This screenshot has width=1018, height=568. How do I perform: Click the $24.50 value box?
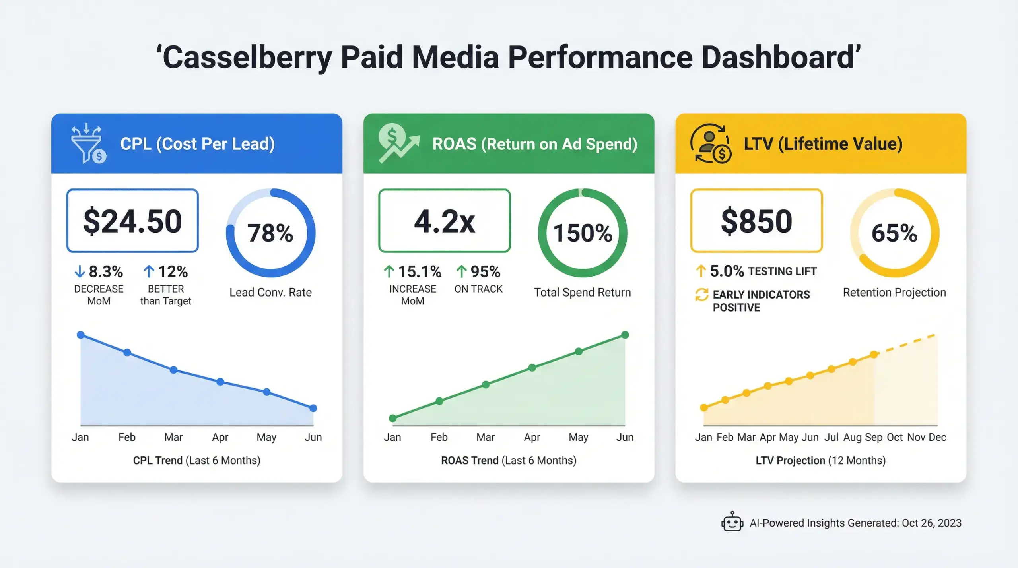[x=132, y=221]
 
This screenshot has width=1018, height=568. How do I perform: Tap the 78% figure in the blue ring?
[x=270, y=233]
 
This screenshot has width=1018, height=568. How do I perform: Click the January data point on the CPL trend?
[x=81, y=335]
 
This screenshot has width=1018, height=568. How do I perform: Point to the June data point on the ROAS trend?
[x=625, y=335]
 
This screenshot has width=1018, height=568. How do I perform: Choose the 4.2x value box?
[x=444, y=221]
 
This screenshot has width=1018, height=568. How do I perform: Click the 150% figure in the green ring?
[x=583, y=233]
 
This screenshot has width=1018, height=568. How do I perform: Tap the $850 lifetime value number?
[x=756, y=221]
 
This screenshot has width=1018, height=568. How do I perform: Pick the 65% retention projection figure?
[x=894, y=233]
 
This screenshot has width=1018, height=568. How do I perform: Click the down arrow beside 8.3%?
[x=80, y=271]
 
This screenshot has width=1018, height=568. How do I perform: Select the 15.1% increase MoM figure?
[x=420, y=272]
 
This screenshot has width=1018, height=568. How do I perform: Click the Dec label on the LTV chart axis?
[x=937, y=437]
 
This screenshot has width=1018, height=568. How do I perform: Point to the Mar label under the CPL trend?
[x=173, y=437]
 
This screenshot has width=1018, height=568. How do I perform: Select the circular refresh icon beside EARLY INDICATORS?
[x=701, y=295]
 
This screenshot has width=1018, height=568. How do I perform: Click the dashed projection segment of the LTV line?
[x=907, y=344]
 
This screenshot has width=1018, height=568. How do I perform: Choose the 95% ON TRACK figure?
[x=485, y=272]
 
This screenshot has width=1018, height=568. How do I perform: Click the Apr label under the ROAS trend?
[x=532, y=437]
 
